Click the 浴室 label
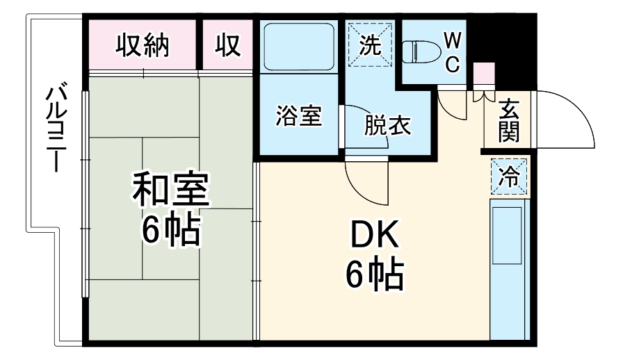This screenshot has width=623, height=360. coord(298,117)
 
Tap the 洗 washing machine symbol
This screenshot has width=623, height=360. coord(371,45)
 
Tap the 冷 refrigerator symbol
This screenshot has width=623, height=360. coord(510,177)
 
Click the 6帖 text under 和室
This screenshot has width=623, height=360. coord(171,231)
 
